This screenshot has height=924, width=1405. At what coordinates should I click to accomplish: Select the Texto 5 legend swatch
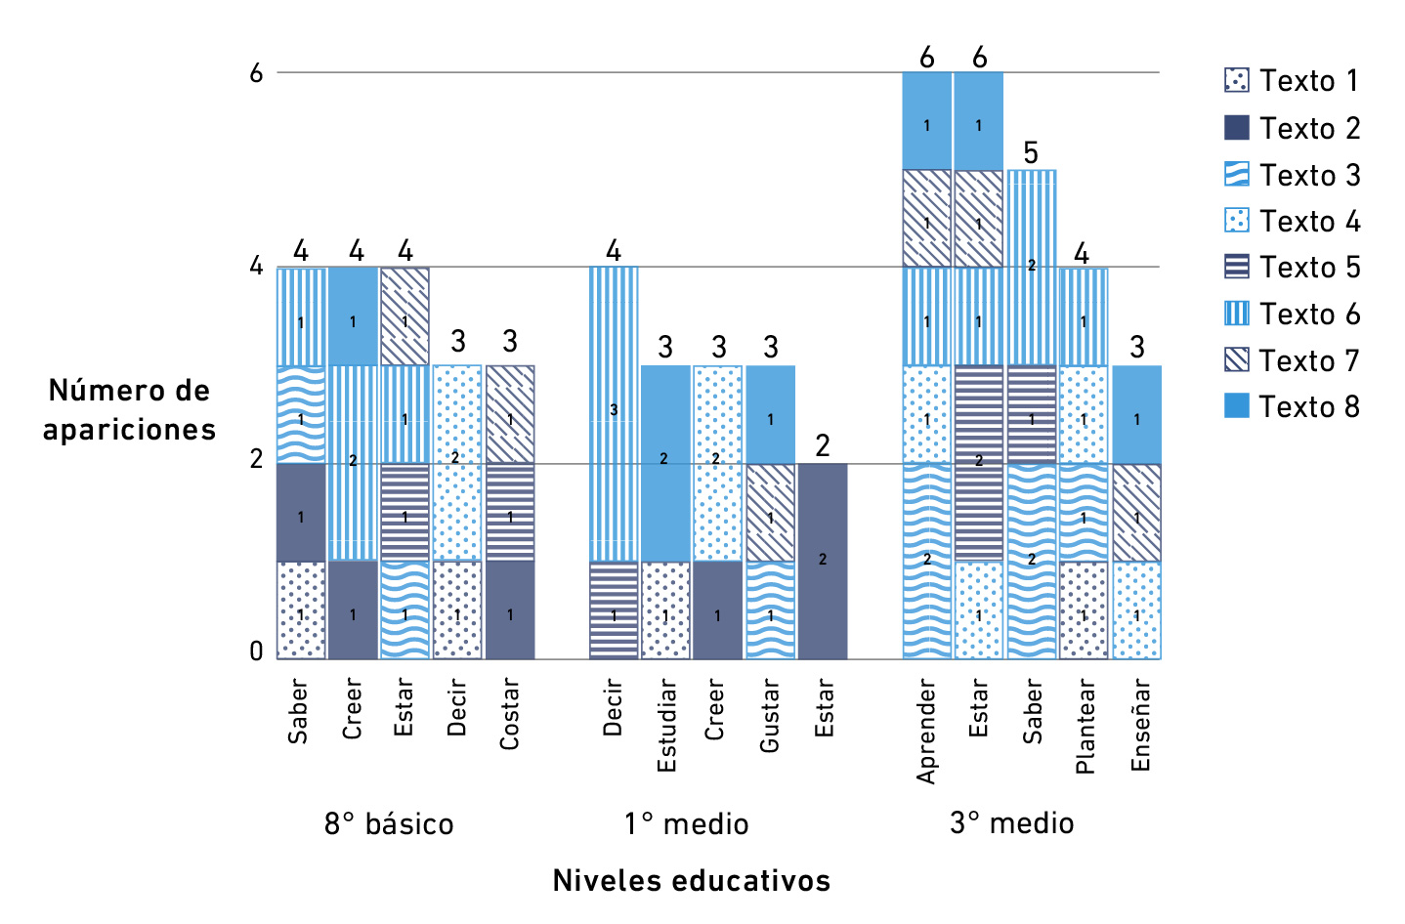[x=1236, y=267]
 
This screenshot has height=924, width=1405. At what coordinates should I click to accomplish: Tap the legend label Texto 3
[x=1309, y=176]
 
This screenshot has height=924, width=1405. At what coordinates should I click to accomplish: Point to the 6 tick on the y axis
[x=256, y=73]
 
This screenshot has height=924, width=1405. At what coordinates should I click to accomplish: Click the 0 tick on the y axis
[x=256, y=651]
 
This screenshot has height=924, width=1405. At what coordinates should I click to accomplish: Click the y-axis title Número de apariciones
[x=129, y=410]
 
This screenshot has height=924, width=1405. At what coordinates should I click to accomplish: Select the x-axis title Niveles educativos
[x=691, y=880]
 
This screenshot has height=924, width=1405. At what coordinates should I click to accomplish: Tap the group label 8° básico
[x=389, y=824]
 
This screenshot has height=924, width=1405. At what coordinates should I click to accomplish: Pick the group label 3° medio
[x=1011, y=823]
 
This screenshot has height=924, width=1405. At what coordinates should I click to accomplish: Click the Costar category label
[x=509, y=715]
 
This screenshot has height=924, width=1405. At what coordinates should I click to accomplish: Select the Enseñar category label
[x=1139, y=726]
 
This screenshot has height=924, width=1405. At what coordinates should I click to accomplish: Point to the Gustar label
[x=770, y=717]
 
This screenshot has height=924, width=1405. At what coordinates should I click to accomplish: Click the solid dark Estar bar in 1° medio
[x=823, y=561]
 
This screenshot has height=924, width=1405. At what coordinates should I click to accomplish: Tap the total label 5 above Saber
[x=1031, y=153]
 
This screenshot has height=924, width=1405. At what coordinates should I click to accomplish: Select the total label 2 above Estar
[x=823, y=446]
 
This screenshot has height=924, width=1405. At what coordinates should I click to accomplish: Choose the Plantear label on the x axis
[x=1085, y=727]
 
